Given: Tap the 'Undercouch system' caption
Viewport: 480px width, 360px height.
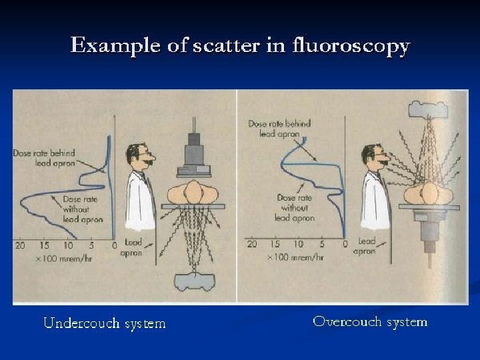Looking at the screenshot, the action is pos(105,324).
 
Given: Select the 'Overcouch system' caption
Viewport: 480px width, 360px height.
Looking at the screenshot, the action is pos(370,322).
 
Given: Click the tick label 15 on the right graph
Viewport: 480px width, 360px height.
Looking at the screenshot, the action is pos(275,245).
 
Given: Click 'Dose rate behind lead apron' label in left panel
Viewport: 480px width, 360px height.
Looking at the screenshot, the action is pos(44,157).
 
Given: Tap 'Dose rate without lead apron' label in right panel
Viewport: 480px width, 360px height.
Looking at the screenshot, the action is pos(295,207).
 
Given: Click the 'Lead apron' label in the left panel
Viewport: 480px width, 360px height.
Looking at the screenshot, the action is pos(133,248).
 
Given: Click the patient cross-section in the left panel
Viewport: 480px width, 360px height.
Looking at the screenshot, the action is pos(193,193).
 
